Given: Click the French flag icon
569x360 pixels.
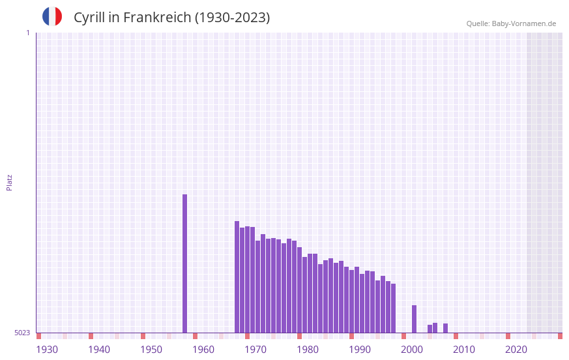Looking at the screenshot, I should [x=52, y=16].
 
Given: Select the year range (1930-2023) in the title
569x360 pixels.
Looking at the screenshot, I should [x=232, y=18].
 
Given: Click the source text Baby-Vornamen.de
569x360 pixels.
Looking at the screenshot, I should [x=523, y=23].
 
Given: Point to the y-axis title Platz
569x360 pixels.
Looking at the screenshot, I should [x=9, y=182].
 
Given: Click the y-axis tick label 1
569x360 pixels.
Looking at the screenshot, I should [x=27, y=33].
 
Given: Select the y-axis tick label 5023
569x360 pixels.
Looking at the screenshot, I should [x=22, y=333].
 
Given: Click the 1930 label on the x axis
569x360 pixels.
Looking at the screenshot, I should [x=47, y=350].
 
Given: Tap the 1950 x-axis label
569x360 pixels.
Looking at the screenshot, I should [x=151, y=350].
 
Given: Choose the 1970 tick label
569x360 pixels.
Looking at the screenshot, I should [x=255, y=350].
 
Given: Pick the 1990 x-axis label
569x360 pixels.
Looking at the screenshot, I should [x=360, y=350].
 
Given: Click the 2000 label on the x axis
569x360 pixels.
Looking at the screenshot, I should [x=412, y=350].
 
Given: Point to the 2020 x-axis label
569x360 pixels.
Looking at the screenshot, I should [x=516, y=350].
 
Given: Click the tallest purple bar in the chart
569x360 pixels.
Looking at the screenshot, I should [x=184, y=263].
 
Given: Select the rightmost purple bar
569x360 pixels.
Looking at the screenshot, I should [x=445, y=328].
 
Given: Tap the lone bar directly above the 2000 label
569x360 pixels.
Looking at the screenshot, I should [x=414, y=319].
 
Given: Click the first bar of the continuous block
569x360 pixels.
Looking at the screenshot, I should [x=237, y=277].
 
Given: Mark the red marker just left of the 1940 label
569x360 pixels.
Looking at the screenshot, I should [x=91, y=336].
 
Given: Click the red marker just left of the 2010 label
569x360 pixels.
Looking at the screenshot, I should [x=456, y=336].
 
